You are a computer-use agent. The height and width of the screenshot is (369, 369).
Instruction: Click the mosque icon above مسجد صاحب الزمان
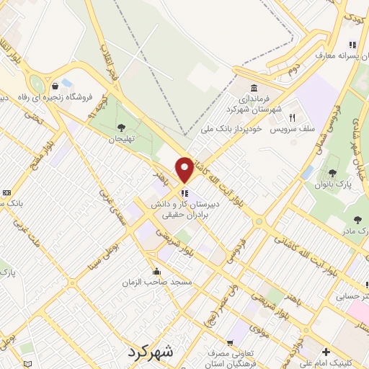pyautogui.click(x=157, y=271)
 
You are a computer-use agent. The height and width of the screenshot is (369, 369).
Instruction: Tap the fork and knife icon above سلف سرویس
pyautogui.click(x=292, y=117)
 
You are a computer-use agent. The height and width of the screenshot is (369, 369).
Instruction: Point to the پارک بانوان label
pyautogui.click(x=332, y=184)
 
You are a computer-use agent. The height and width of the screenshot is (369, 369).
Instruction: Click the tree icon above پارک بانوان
pyautogui.click(x=332, y=173)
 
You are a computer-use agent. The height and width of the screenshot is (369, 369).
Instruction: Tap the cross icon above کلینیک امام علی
pyautogui.click(x=327, y=352)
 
